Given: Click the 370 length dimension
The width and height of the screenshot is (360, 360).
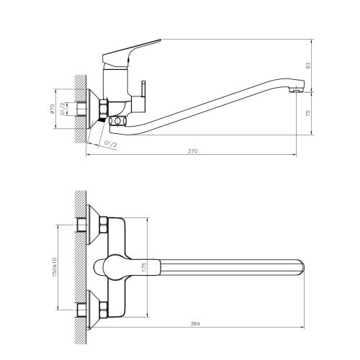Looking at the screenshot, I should click(193, 152).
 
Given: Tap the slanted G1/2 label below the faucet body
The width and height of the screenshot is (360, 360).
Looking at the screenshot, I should click(110, 144).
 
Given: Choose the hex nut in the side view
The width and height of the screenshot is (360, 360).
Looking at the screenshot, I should click(102, 109).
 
